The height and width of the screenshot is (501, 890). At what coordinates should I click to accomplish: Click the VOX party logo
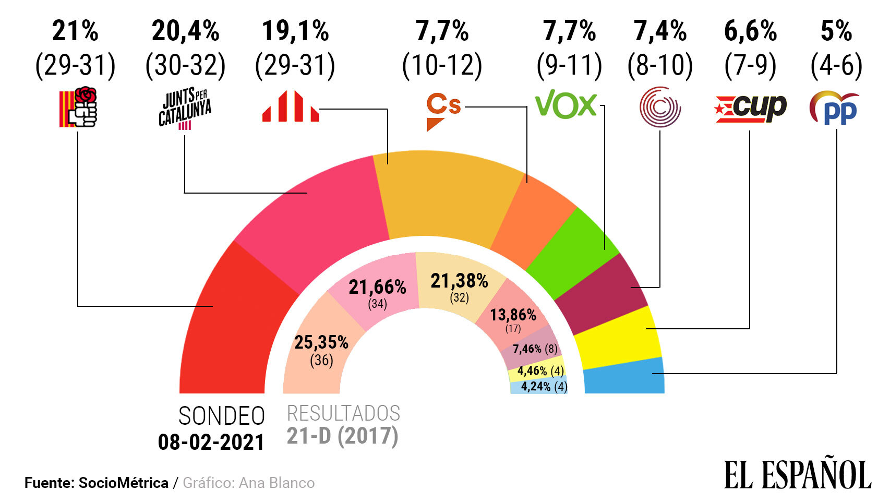click(x=566, y=104)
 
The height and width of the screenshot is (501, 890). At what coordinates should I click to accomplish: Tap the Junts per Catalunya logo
click(x=185, y=109)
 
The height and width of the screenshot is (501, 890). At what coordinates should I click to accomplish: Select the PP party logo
click(x=834, y=108)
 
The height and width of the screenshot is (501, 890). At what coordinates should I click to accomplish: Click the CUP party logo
click(x=750, y=108)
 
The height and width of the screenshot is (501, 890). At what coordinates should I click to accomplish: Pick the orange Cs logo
click(x=443, y=111)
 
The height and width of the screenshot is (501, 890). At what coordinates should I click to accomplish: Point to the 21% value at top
click(x=75, y=31)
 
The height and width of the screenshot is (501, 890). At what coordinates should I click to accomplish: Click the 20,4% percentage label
click(x=185, y=31)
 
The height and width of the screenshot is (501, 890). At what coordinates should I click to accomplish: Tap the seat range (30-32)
click(x=185, y=65)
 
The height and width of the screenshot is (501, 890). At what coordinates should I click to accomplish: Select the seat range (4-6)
click(x=836, y=65)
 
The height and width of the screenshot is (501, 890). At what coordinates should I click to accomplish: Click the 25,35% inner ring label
click(x=321, y=342)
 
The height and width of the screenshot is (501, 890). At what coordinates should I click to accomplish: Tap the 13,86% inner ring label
click(x=513, y=315)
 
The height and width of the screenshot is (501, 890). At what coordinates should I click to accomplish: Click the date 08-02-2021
click(x=211, y=443)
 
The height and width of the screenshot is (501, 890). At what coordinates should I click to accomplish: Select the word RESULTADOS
click(x=343, y=413)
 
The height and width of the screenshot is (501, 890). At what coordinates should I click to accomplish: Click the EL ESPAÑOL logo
click(x=797, y=474)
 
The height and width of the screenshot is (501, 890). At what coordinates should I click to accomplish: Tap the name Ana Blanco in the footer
click(x=276, y=483)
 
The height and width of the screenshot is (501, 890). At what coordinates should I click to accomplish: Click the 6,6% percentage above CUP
click(x=750, y=31)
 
